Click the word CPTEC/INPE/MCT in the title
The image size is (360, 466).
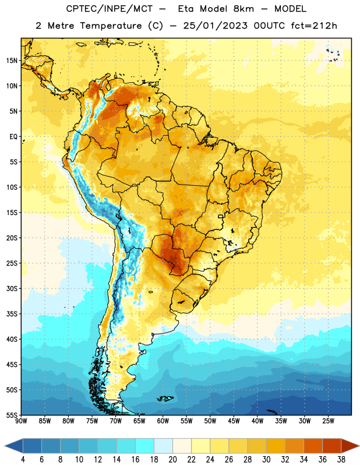tap(110, 9)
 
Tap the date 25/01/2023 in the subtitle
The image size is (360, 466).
tap(215, 26)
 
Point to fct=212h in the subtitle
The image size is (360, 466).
tap(314, 26)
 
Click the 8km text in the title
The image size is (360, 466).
tap(243, 9)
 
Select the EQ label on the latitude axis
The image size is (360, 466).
tap(13, 137)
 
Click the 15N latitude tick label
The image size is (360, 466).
tap(12, 61)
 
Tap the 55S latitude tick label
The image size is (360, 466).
tap(12, 415)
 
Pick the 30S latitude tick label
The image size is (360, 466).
tap(12, 288)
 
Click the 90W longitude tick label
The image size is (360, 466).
tap(21, 421)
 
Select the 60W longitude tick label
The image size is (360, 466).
tap(163, 421)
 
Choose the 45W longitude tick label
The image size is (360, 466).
tap(234, 421)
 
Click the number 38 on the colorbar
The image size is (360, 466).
tap(341, 460)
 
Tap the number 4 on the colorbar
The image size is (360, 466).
tap(23, 460)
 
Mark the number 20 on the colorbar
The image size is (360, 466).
tap(172, 460)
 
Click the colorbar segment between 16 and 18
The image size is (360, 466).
tap(144, 446)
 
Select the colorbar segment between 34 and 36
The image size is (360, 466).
tap(313, 446)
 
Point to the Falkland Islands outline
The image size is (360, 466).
tap(165, 398)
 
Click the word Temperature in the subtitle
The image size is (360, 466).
tap(111, 26)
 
